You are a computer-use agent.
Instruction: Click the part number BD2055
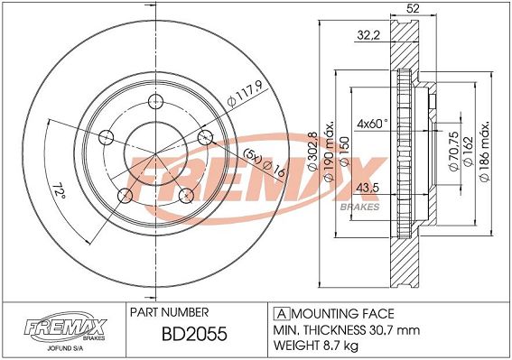tap(194, 334)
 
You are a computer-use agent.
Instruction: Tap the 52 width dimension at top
tap(413, 8)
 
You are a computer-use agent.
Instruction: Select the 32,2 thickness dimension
tap(368, 34)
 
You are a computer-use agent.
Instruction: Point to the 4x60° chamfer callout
tap(373, 124)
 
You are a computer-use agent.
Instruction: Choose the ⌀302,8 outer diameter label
tap(312, 151)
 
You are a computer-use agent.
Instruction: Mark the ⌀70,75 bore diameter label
tap(454, 151)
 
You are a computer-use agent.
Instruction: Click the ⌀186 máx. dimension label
tap(485, 151)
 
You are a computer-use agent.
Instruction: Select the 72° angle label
tap(59, 190)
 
